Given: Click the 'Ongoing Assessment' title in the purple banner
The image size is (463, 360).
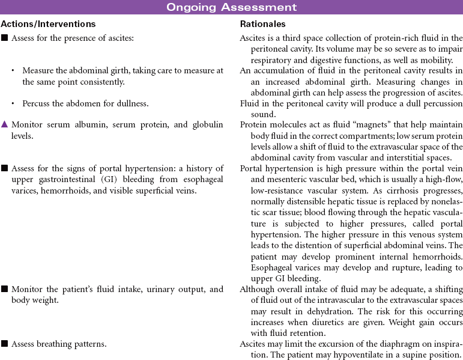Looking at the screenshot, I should pos(231,7).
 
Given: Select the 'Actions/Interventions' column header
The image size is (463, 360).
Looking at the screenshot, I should pos(48,24).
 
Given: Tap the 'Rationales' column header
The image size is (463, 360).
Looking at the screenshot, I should pos(262,24).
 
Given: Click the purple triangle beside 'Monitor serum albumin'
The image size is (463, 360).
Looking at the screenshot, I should pos(4,124).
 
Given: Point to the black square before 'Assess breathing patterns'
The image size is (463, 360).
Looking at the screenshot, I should pos(4,344).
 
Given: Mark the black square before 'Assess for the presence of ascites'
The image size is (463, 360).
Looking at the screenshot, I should pos(4,38).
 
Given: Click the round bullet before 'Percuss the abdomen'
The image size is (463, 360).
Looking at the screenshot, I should pos(13,103).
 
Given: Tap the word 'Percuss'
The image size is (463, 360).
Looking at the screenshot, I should pos(38,103).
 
